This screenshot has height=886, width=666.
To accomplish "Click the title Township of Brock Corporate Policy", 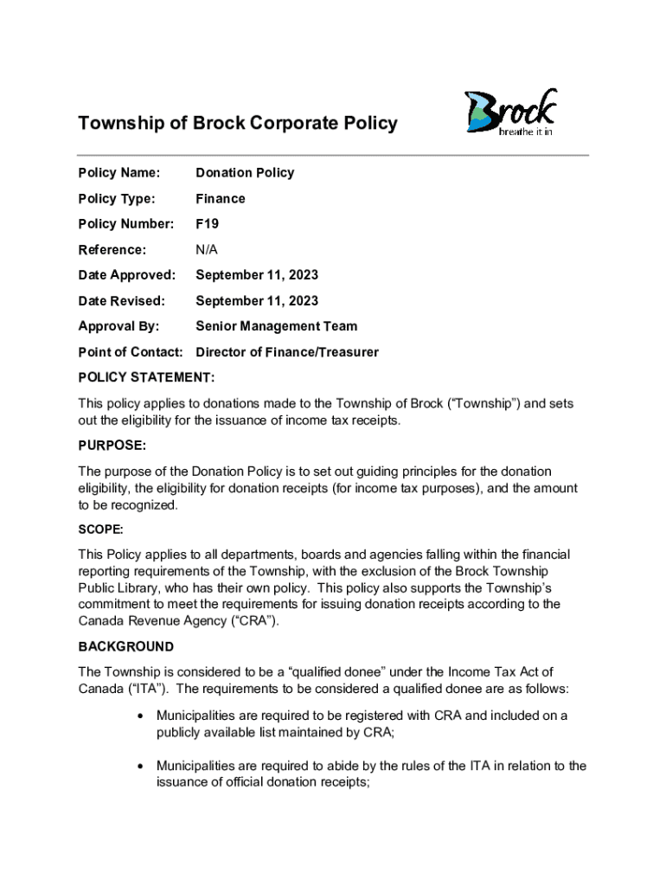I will (x=238, y=123).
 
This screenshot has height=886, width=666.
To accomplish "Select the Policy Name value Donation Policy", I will (x=245, y=173).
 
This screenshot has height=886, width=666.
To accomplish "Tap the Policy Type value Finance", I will (x=221, y=199).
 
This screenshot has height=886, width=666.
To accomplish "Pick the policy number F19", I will (x=208, y=224).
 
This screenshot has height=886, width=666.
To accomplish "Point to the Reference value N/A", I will (x=208, y=250).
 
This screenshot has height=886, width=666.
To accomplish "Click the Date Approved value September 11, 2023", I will (x=257, y=275).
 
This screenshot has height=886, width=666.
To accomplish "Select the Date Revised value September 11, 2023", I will (x=257, y=301).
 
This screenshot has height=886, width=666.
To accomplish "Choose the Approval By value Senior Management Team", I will (x=277, y=327).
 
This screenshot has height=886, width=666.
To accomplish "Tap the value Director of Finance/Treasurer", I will (x=287, y=352).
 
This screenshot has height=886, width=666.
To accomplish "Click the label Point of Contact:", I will (x=131, y=352).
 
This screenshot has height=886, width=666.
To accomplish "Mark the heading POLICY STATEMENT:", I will (x=147, y=377).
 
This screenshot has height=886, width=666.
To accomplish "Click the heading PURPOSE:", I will (x=112, y=446).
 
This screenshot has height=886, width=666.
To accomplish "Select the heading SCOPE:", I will (x=101, y=528).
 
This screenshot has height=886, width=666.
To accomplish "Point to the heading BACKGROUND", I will (x=126, y=647).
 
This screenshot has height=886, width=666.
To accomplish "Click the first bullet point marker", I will (x=140, y=716).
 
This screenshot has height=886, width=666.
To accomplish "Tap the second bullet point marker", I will (x=140, y=767).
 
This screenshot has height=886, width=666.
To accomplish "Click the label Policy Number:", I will (x=126, y=224).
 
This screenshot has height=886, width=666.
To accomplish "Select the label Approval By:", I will (x=120, y=327).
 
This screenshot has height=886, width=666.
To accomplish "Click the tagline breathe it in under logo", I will (x=526, y=132).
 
